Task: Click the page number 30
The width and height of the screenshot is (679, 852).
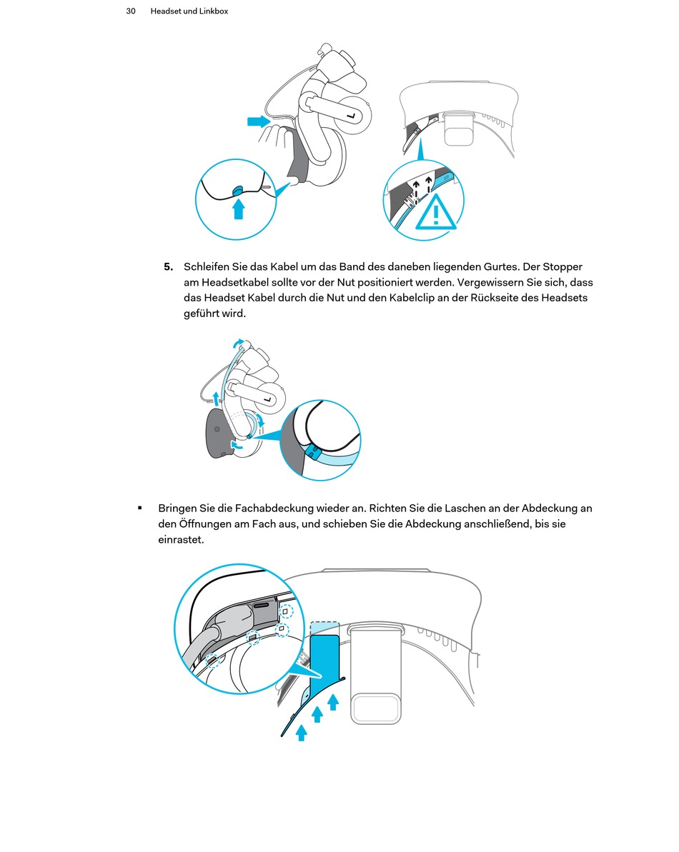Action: (x=131, y=11)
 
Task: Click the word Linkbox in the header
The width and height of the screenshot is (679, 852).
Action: (x=212, y=11)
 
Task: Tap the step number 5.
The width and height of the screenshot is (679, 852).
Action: (x=168, y=267)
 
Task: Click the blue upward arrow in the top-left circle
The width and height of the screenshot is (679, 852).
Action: (x=239, y=208)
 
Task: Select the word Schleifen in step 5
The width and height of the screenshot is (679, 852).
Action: (x=207, y=267)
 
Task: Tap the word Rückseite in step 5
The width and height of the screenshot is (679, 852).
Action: (x=495, y=298)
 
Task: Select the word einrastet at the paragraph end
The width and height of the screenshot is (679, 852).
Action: (x=181, y=540)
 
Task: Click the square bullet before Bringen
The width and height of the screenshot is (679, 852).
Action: (x=140, y=508)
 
